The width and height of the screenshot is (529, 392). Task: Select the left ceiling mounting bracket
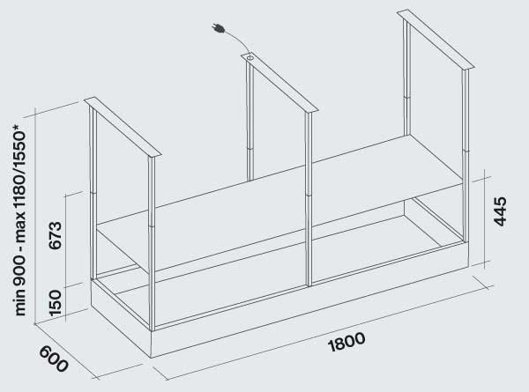coord(123,127)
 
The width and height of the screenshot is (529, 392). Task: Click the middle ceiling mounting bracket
coord(278,83)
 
